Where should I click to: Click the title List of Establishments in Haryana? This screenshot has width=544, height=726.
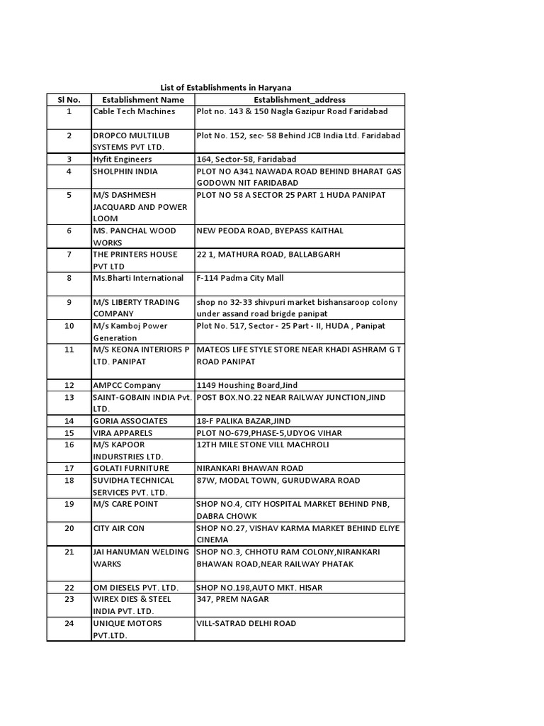point(226,87)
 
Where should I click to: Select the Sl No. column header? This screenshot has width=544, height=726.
point(69,100)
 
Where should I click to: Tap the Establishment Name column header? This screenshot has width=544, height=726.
point(142,100)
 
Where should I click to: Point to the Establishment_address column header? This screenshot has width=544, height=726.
point(299,100)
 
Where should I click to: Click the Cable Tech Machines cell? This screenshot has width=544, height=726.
point(134,112)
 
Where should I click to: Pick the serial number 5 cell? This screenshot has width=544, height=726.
point(69,195)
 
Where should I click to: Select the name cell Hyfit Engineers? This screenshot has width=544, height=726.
point(123,160)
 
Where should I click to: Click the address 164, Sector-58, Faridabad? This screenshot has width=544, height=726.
point(246,160)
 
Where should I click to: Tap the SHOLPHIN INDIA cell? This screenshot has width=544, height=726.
point(125,172)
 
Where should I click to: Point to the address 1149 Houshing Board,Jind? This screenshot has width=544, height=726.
point(246,386)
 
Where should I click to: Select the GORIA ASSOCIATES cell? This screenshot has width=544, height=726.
point(130,421)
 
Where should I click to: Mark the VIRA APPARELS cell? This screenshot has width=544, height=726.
point(123,432)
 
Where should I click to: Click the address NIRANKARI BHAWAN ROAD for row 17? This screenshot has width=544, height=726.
point(249,468)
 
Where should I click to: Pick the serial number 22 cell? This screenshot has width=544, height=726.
point(69,588)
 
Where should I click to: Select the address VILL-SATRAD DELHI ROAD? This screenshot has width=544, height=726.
point(246,623)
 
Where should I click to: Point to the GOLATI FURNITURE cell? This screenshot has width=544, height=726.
point(131,468)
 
